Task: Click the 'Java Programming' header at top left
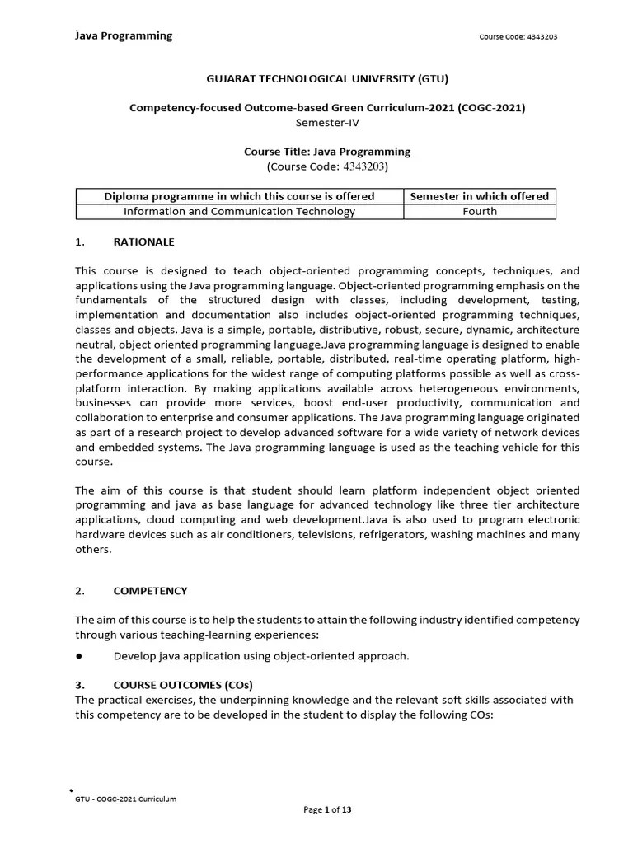pos(124,35)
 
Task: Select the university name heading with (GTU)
pos(327,78)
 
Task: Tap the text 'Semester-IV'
pos(327,122)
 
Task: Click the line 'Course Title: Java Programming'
pos(327,152)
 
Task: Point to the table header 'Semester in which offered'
pos(479,196)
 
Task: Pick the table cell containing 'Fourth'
pos(480,211)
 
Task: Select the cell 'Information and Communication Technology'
pos(239,211)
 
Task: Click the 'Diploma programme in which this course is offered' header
pos(239,196)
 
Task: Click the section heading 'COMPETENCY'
pos(150,591)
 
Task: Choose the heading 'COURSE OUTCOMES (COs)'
pos(183,685)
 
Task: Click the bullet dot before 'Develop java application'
pos(78,656)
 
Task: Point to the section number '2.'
pos(80,591)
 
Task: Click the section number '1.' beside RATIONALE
pos(80,241)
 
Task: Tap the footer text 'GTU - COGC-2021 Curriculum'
pos(125,799)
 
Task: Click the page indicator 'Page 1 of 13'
pos(327,810)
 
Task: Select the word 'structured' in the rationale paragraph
pos(233,300)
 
